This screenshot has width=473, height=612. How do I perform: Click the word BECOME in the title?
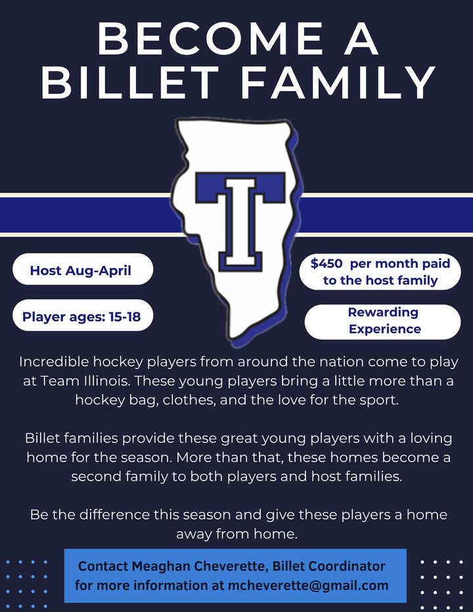click(210, 39)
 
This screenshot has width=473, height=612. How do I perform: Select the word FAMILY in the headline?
click(338, 82)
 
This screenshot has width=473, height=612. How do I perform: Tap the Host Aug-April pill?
click(83, 269)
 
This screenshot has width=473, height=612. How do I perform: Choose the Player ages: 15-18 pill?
click(83, 315)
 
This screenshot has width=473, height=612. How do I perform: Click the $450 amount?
click(326, 263)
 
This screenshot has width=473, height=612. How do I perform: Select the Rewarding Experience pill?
click(383, 321)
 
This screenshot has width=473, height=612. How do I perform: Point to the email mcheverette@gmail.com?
click(308, 586)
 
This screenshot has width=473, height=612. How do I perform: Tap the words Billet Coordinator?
click(329, 566)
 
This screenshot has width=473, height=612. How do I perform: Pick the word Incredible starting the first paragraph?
click(54, 361)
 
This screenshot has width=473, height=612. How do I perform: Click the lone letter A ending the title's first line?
click(361, 39)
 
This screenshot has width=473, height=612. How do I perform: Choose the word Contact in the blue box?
click(103, 566)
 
